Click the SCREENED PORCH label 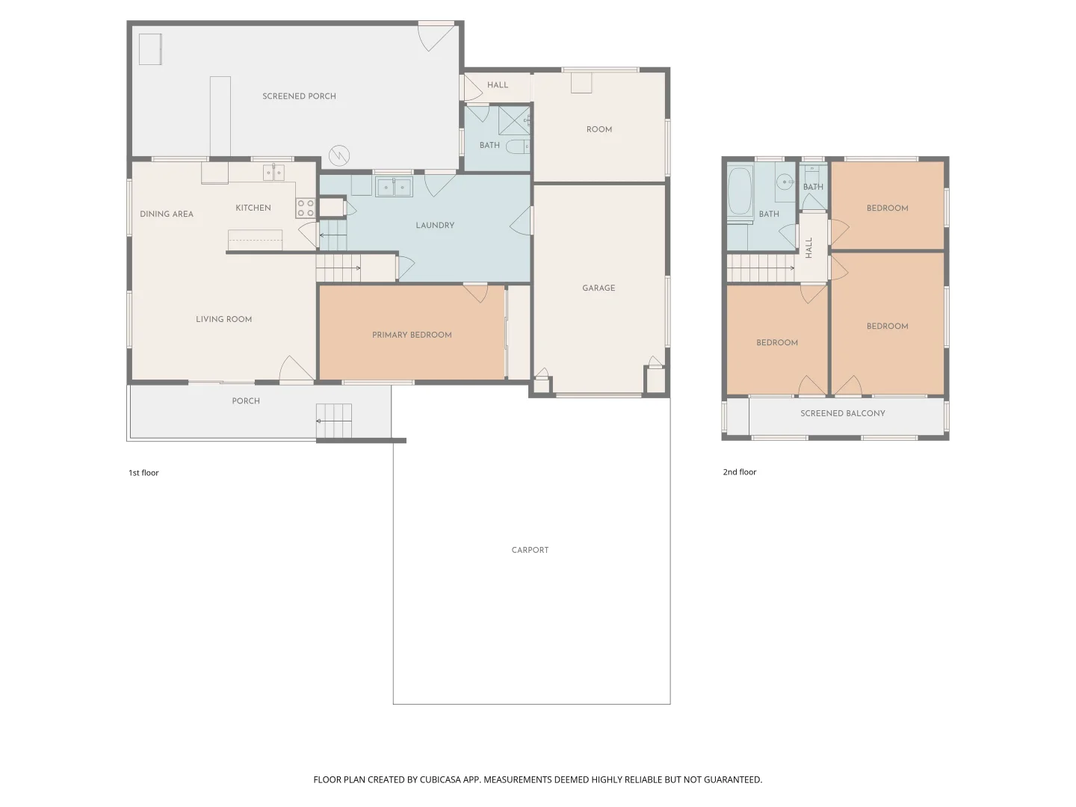(299, 96)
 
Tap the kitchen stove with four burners (306, 208)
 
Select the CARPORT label (530, 550)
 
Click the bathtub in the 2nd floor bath (739, 191)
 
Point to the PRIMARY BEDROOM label (412, 335)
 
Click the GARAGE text (599, 288)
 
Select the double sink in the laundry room (394, 186)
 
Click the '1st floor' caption (143, 473)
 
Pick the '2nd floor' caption (739, 472)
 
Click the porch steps (333, 421)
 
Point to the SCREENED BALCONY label (842, 413)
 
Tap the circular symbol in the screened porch (340, 155)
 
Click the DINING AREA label (167, 214)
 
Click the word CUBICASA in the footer (439, 779)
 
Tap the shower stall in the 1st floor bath (514, 120)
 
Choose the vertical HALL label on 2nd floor (808, 247)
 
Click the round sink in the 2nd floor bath (784, 182)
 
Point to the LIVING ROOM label (223, 319)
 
